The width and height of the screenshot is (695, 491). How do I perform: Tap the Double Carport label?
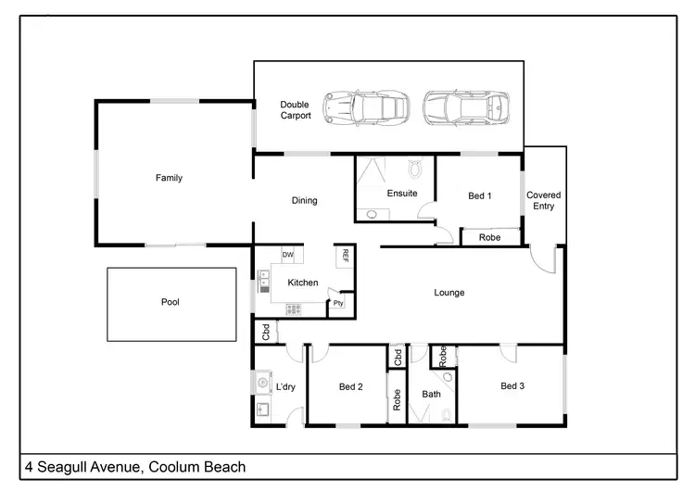[295, 110]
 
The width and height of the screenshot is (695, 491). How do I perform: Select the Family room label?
[169, 178]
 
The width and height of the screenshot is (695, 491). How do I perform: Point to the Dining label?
[304, 200]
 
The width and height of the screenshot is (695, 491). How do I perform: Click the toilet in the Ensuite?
[415, 169]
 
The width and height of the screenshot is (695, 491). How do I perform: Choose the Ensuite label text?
[401, 194]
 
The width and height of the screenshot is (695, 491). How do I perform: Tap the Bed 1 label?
[479, 195]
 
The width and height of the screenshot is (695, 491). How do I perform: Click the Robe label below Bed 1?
[490, 238]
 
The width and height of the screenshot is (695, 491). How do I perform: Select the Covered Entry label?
[543, 200]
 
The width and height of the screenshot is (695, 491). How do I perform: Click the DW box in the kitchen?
[287, 256]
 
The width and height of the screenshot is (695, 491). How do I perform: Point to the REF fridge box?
[345, 256]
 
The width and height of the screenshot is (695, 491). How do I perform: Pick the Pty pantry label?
[338, 303]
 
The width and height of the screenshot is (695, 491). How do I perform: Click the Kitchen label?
[303, 283]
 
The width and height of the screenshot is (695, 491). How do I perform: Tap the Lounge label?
[449, 293]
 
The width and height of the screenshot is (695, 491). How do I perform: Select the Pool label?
[170, 302]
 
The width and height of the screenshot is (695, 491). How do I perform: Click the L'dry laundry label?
[285, 387]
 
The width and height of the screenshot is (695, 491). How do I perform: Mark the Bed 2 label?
[350, 386]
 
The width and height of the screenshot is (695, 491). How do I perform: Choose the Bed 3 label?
[512, 385]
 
